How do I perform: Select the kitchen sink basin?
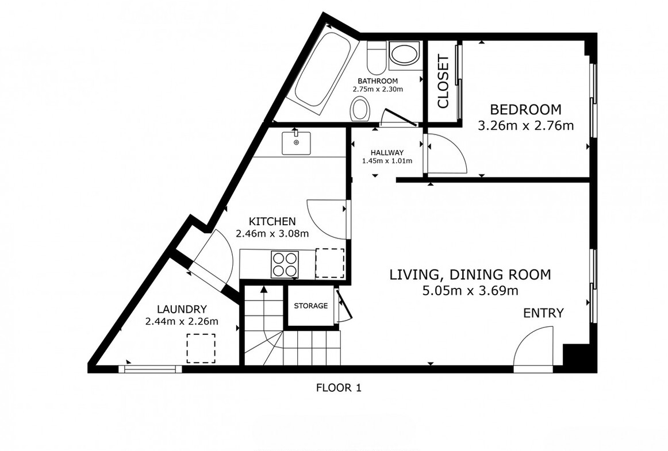296,143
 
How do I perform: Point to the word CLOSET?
443,82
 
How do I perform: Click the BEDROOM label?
525,110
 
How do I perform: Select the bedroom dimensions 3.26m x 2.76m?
525,126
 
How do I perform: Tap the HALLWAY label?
387,152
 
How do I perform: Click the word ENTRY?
543,313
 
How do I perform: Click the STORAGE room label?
311,306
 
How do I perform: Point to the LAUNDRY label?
182,309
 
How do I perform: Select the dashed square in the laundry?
201,348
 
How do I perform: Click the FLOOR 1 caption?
339,388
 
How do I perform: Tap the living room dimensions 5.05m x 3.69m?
470,291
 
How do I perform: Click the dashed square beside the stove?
330,264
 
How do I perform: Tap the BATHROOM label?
378,81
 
